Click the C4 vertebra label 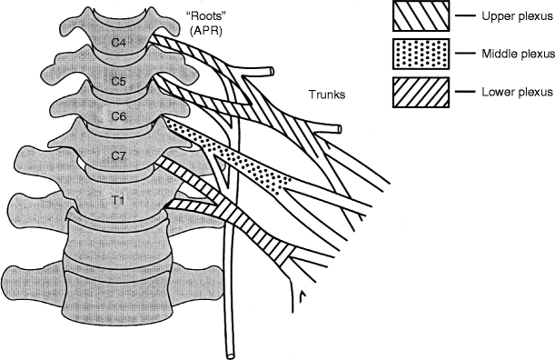pyautogui.click(x=119, y=42)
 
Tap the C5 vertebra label pyautogui.click(x=119, y=80)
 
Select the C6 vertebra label pyautogui.click(x=119, y=116)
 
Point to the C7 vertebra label pyautogui.click(x=119, y=155)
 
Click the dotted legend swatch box pyautogui.click(x=419, y=53)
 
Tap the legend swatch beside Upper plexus pyautogui.click(x=419, y=15)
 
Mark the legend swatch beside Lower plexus pyautogui.click(x=419, y=91)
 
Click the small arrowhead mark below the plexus pyautogui.click(x=302, y=294)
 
